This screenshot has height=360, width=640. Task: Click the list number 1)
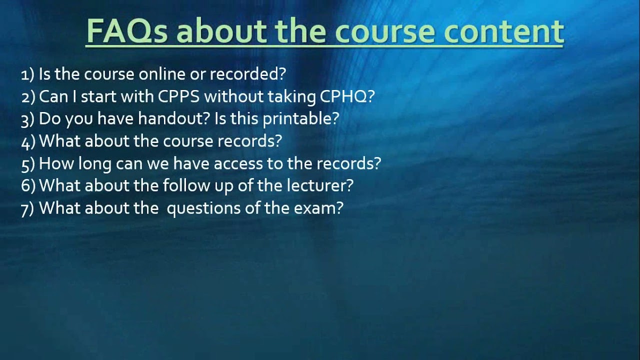pos(27,74)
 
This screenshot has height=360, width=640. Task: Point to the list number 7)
pos(27,208)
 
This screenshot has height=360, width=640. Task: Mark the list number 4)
pos(28,141)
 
